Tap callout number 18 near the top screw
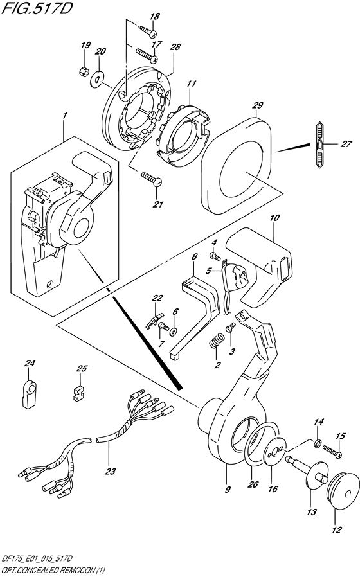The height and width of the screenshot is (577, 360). point(154,17)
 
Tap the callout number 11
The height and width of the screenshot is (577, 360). point(191,84)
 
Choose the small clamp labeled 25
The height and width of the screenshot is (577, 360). point(78,393)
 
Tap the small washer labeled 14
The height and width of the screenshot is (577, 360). point(317,443)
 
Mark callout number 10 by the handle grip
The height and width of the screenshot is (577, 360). point(274,219)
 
